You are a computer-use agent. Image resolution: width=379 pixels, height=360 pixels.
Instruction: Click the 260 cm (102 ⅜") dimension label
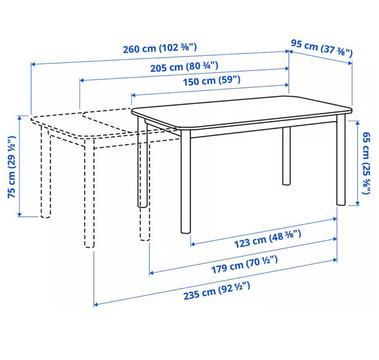[160, 48]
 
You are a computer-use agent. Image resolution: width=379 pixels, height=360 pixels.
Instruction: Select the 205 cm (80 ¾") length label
[184, 67]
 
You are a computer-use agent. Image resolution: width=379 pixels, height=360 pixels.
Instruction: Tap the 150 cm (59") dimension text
[212, 81]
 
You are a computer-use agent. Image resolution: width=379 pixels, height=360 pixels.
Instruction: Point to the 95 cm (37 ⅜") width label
[321, 49]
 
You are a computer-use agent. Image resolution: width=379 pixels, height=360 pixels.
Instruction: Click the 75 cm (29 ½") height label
[11, 167]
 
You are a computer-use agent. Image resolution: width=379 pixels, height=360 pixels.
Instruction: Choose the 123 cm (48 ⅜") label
[268, 239]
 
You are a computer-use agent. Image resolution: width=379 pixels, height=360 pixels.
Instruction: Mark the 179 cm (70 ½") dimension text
[244, 264]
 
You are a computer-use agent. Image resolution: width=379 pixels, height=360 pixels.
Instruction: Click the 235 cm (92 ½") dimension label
[217, 291]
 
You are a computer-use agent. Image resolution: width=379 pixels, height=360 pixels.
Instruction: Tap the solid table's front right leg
[341, 160]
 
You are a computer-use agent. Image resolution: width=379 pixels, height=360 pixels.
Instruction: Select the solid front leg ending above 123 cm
[186, 182]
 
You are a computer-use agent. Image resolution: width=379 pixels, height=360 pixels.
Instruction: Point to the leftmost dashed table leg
[46, 172]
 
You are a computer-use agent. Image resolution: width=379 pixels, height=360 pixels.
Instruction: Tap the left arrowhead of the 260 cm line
[33, 64]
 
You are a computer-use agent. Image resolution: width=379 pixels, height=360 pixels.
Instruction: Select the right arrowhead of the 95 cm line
[350, 63]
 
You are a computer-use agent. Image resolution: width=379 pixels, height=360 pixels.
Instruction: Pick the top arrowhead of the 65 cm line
[358, 123]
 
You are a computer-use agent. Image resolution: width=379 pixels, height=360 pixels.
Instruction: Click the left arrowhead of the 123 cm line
[193, 244]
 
